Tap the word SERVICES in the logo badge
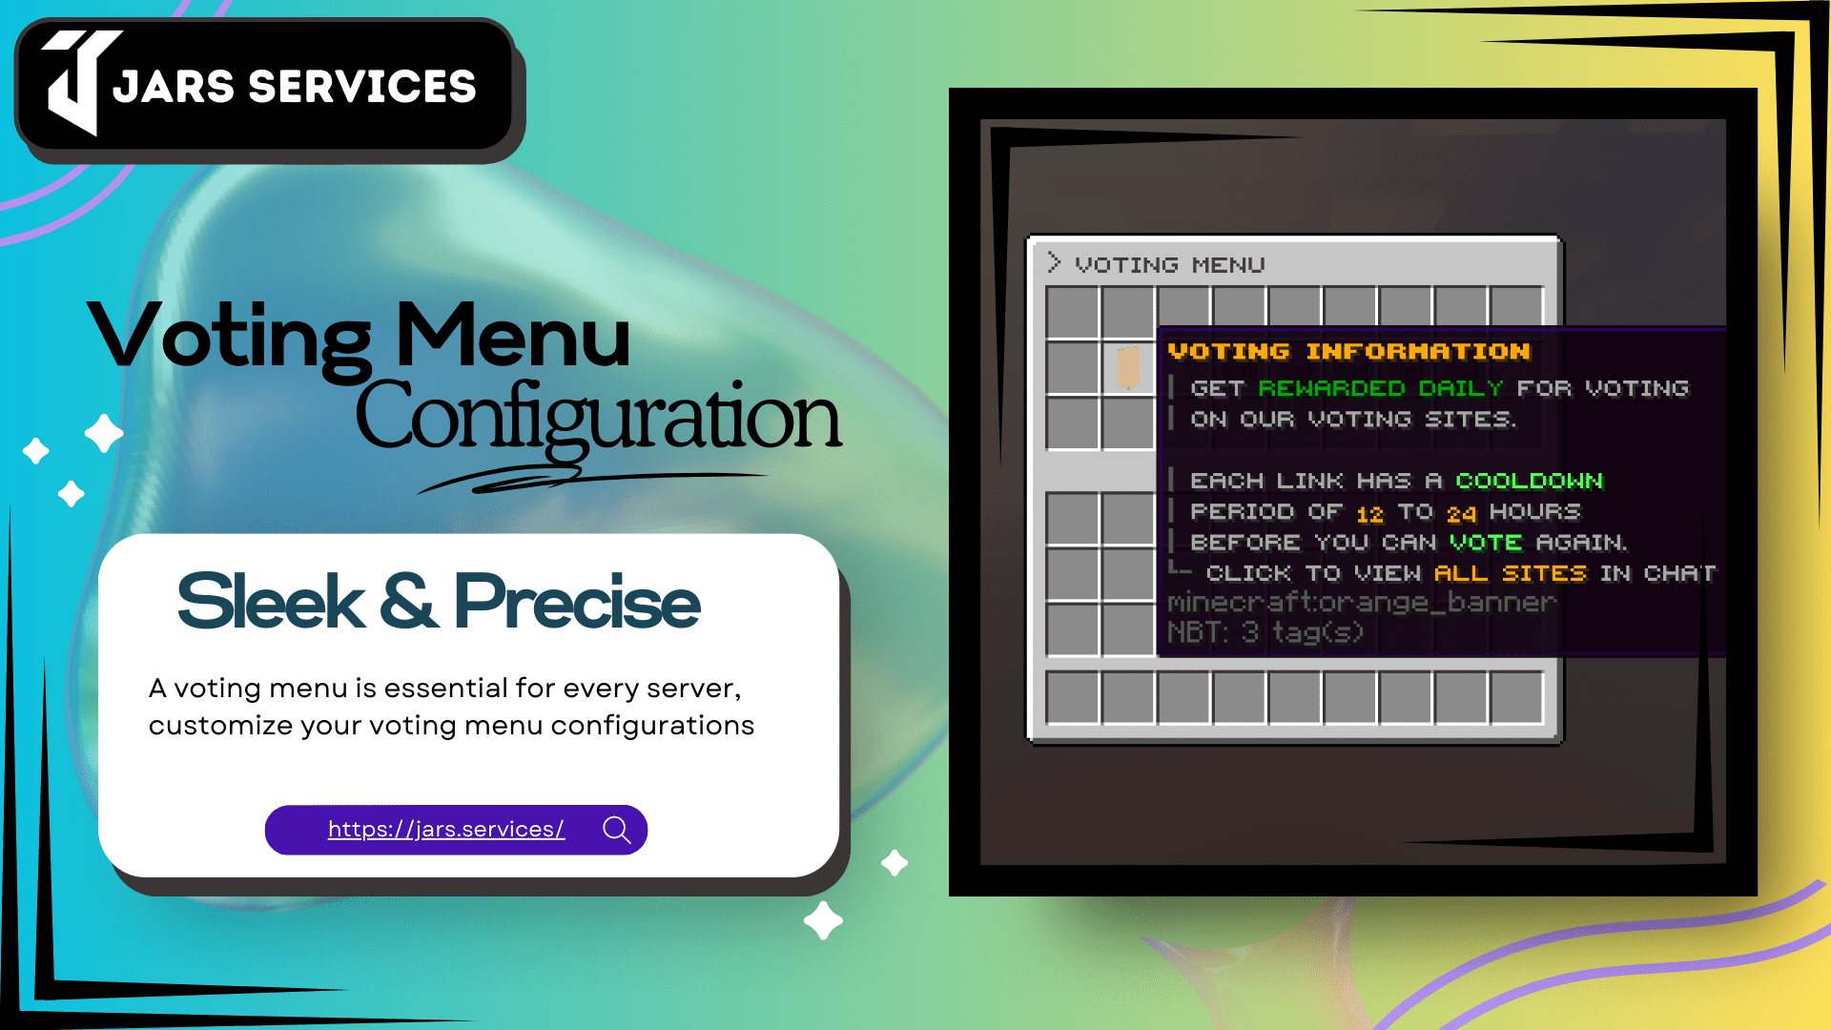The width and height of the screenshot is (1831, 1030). (361, 87)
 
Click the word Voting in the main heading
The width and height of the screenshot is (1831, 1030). (229, 339)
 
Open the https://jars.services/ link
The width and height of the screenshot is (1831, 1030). (446, 830)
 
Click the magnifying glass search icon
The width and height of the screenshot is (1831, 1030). (617, 830)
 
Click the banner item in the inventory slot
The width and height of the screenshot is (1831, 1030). (1128, 367)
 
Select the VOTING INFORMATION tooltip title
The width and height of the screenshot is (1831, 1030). (1348, 352)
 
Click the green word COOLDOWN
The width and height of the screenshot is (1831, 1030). (1529, 481)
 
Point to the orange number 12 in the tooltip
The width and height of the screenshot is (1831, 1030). (1369, 514)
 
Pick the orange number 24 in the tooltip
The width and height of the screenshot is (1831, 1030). (1461, 514)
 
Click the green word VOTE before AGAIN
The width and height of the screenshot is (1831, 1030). (1485, 543)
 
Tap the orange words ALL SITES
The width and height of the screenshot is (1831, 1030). (1510, 573)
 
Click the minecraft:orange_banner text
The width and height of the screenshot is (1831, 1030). (1361, 603)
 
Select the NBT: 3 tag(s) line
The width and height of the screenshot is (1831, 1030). (1265, 632)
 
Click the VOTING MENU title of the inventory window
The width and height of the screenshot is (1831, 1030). (1169, 265)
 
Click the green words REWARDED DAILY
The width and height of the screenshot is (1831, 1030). (1380, 388)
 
